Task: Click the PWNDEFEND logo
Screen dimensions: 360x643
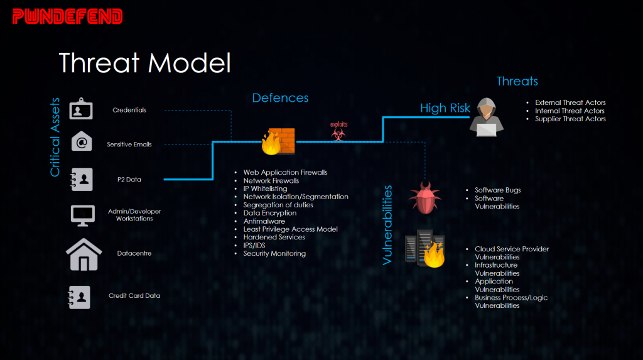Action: click(68, 16)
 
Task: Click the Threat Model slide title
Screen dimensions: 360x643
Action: click(145, 63)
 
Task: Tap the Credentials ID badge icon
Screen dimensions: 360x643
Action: click(82, 109)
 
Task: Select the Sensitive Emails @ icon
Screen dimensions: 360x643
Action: click(82, 143)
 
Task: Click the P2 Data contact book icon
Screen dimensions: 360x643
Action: click(82, 179)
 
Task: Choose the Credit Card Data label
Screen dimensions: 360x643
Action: click(134, 295)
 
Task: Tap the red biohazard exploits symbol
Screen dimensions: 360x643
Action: click(338, 134)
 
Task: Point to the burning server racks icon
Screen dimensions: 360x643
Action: click(425, 249)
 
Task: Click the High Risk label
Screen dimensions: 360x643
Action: click(445, 109)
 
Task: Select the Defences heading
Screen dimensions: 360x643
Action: click(280, 98)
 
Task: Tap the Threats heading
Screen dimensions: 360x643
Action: click(517, 81)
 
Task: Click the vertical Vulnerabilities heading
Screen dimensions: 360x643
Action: click(387, 224)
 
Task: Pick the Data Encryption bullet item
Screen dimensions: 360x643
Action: click(270, 213)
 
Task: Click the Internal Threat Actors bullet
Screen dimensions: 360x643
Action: click(570, 111)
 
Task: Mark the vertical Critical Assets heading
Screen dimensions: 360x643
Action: click(55, 136)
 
